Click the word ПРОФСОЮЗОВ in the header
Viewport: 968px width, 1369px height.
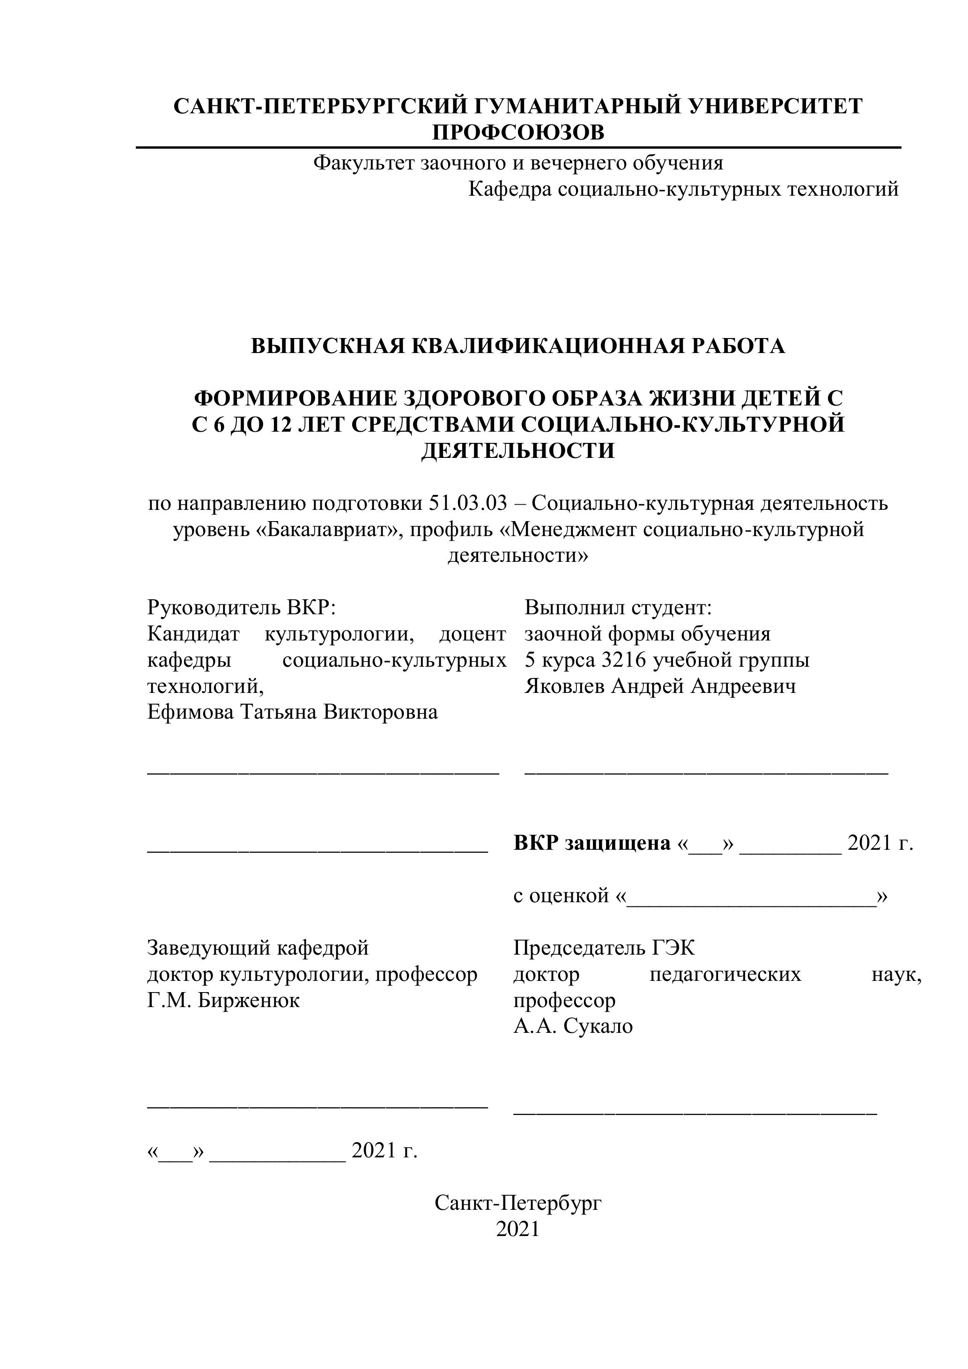pos(517,132)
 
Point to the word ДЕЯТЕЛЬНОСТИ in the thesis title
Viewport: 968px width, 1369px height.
pos(517,450)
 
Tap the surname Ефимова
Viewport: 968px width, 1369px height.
pos(190,712)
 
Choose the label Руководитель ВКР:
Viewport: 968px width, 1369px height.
pos(242,608)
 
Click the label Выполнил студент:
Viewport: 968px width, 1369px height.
pos(618,608)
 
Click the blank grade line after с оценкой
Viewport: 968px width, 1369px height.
pos(752,896)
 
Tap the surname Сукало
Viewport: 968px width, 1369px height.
pos(598,1026)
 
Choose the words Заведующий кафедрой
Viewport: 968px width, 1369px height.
pos(258,948)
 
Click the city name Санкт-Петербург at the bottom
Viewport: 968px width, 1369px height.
pos(517,1204)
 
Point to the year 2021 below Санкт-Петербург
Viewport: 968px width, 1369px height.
pos(517,1229)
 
